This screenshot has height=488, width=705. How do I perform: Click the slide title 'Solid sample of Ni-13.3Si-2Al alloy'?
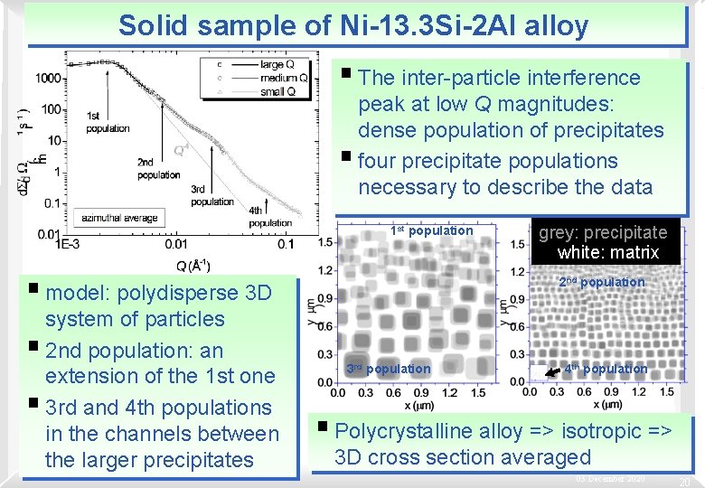tap(352, 24)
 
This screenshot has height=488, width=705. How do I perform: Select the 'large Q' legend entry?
tap(276, 65)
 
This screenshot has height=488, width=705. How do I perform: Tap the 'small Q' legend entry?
tap(276, 92)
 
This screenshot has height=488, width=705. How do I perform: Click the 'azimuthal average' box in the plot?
tap(118, 218)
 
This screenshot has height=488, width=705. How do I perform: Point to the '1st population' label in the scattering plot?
tap(108, 122)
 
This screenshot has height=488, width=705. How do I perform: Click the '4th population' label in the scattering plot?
tap(270, 216)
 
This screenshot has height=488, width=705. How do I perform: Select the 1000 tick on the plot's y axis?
tap(49, 79)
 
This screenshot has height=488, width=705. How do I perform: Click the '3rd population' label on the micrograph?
tap(389, 369)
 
